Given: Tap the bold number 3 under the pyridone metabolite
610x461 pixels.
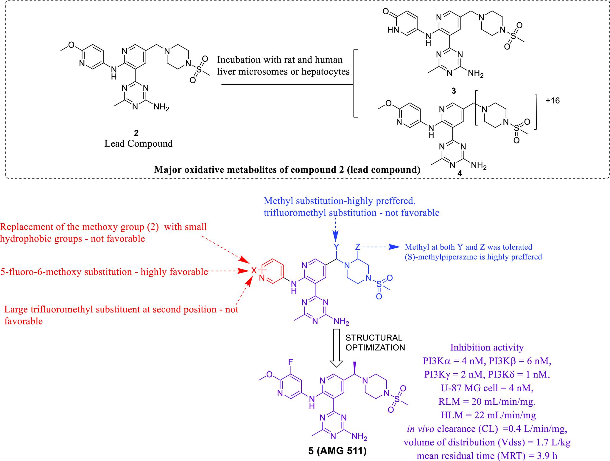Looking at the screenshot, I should (x=453, y=91).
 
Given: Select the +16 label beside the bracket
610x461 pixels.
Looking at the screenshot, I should (x=553, y=100).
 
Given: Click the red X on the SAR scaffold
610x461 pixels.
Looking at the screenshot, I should (x=253, y=271).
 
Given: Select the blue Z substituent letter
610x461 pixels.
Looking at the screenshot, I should (x=358, y=247).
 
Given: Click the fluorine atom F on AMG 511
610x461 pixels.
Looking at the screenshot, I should (x=291, y=362).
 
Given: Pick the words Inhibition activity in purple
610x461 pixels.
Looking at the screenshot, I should (x=487, y=347).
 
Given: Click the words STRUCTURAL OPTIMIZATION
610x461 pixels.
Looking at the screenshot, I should (x=375, y=342).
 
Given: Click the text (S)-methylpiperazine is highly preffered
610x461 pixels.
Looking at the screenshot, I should (x=473, y=257).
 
